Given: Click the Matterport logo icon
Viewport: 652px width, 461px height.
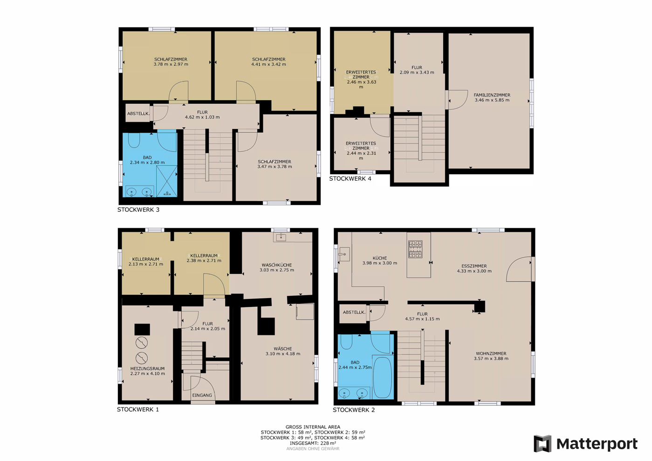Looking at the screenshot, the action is point(542,444).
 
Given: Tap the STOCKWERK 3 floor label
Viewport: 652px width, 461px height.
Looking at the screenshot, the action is point(138,210).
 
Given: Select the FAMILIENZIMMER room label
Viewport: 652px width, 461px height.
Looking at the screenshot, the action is point(492,95).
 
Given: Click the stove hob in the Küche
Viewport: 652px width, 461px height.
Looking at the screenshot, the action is point(415,249).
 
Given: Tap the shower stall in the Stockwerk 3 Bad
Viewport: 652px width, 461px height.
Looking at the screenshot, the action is point(167,181).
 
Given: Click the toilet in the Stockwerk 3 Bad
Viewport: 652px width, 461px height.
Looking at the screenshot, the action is point(134,140).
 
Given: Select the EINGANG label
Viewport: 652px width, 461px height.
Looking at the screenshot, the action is point(202,395).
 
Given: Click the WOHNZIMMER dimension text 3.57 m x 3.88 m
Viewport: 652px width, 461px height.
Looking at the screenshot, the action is point(491,359).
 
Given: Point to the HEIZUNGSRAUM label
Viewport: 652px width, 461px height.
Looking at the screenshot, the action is point(148,368).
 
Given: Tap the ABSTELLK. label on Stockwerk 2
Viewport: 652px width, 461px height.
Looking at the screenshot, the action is point(354,312).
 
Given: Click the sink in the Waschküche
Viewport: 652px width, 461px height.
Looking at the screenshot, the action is point(281,237).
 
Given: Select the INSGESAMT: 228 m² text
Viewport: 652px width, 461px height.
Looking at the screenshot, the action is point(313,443).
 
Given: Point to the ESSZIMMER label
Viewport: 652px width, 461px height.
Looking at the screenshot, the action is point(474,266).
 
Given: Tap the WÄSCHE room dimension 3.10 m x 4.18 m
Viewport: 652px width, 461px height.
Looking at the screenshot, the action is point(282,354).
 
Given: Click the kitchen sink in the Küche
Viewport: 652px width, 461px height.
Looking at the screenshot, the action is point(344,254).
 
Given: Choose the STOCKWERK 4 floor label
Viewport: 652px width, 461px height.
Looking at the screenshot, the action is point(350,179).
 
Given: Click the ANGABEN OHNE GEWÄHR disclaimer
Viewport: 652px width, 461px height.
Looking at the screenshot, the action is point(313,449).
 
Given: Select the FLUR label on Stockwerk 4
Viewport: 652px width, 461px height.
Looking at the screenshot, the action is point(417,68).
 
